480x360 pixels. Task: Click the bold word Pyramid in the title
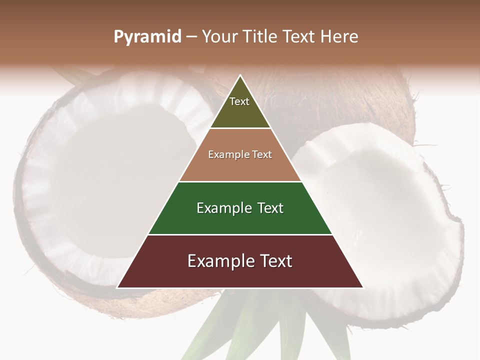(147, 37)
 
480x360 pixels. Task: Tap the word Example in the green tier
(223, 208)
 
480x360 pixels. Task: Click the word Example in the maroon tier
(218, 261)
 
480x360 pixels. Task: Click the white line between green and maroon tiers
(240, 234)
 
